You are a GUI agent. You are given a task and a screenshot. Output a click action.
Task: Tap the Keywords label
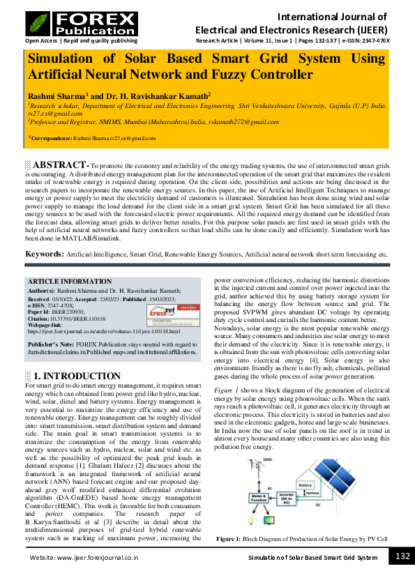[45, 254]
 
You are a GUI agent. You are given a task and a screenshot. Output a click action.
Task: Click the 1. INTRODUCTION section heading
[68, 376]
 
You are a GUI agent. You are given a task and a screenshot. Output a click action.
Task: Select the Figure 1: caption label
[228, 540]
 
